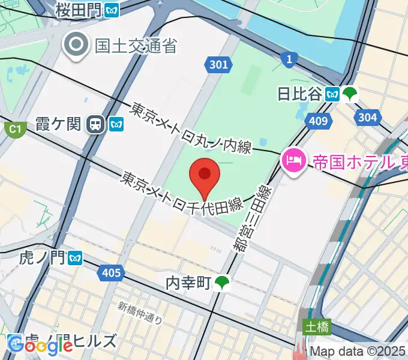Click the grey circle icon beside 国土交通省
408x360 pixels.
point(77,44)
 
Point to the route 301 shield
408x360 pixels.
point(219,65)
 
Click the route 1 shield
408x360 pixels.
point(289,58)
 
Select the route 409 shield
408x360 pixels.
point(319,122)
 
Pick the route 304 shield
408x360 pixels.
point(367,117)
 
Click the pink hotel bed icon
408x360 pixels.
point(293,160)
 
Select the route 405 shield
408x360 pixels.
point(111,274)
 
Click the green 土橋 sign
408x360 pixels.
point(316,328)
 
